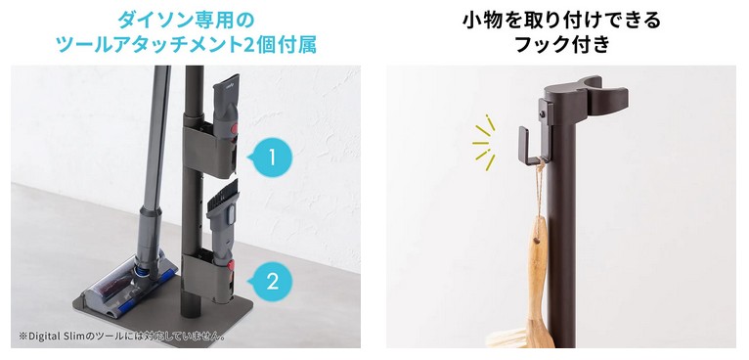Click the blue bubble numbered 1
click(271, 157)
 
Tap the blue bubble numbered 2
click(271, 282)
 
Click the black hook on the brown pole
click(531, 146)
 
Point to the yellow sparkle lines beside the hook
click(484, 143)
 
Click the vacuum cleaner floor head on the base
click(124, 286)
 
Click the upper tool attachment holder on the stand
click(210, 151)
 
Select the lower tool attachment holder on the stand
click(210, 277)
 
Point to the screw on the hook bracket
click(542, 113)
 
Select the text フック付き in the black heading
click(562, 44)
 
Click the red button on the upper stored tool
click(235, 128)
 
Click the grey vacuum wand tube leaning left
click(154, 157)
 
